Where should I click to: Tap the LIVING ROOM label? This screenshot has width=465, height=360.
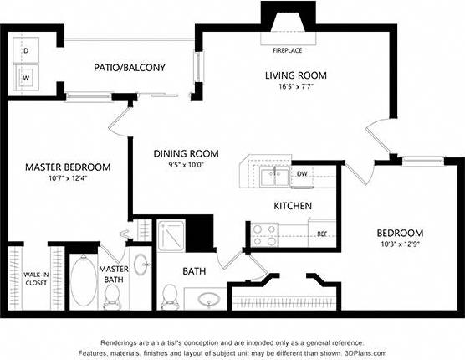295,75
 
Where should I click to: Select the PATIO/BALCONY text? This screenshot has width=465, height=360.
130,68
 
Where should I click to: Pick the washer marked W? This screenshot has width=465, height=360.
26,79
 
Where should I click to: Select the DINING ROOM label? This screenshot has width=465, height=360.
186,153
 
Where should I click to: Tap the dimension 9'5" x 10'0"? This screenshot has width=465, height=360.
186,165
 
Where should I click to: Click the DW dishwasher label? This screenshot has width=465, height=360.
302,174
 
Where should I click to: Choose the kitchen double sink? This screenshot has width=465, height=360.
272,177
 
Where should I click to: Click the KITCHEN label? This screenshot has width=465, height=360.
293,206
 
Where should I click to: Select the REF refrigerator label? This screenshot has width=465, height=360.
321,234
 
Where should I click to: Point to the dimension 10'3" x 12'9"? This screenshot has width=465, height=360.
399,244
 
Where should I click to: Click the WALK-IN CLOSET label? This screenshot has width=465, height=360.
34,278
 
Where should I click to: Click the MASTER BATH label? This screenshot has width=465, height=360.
113,275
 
